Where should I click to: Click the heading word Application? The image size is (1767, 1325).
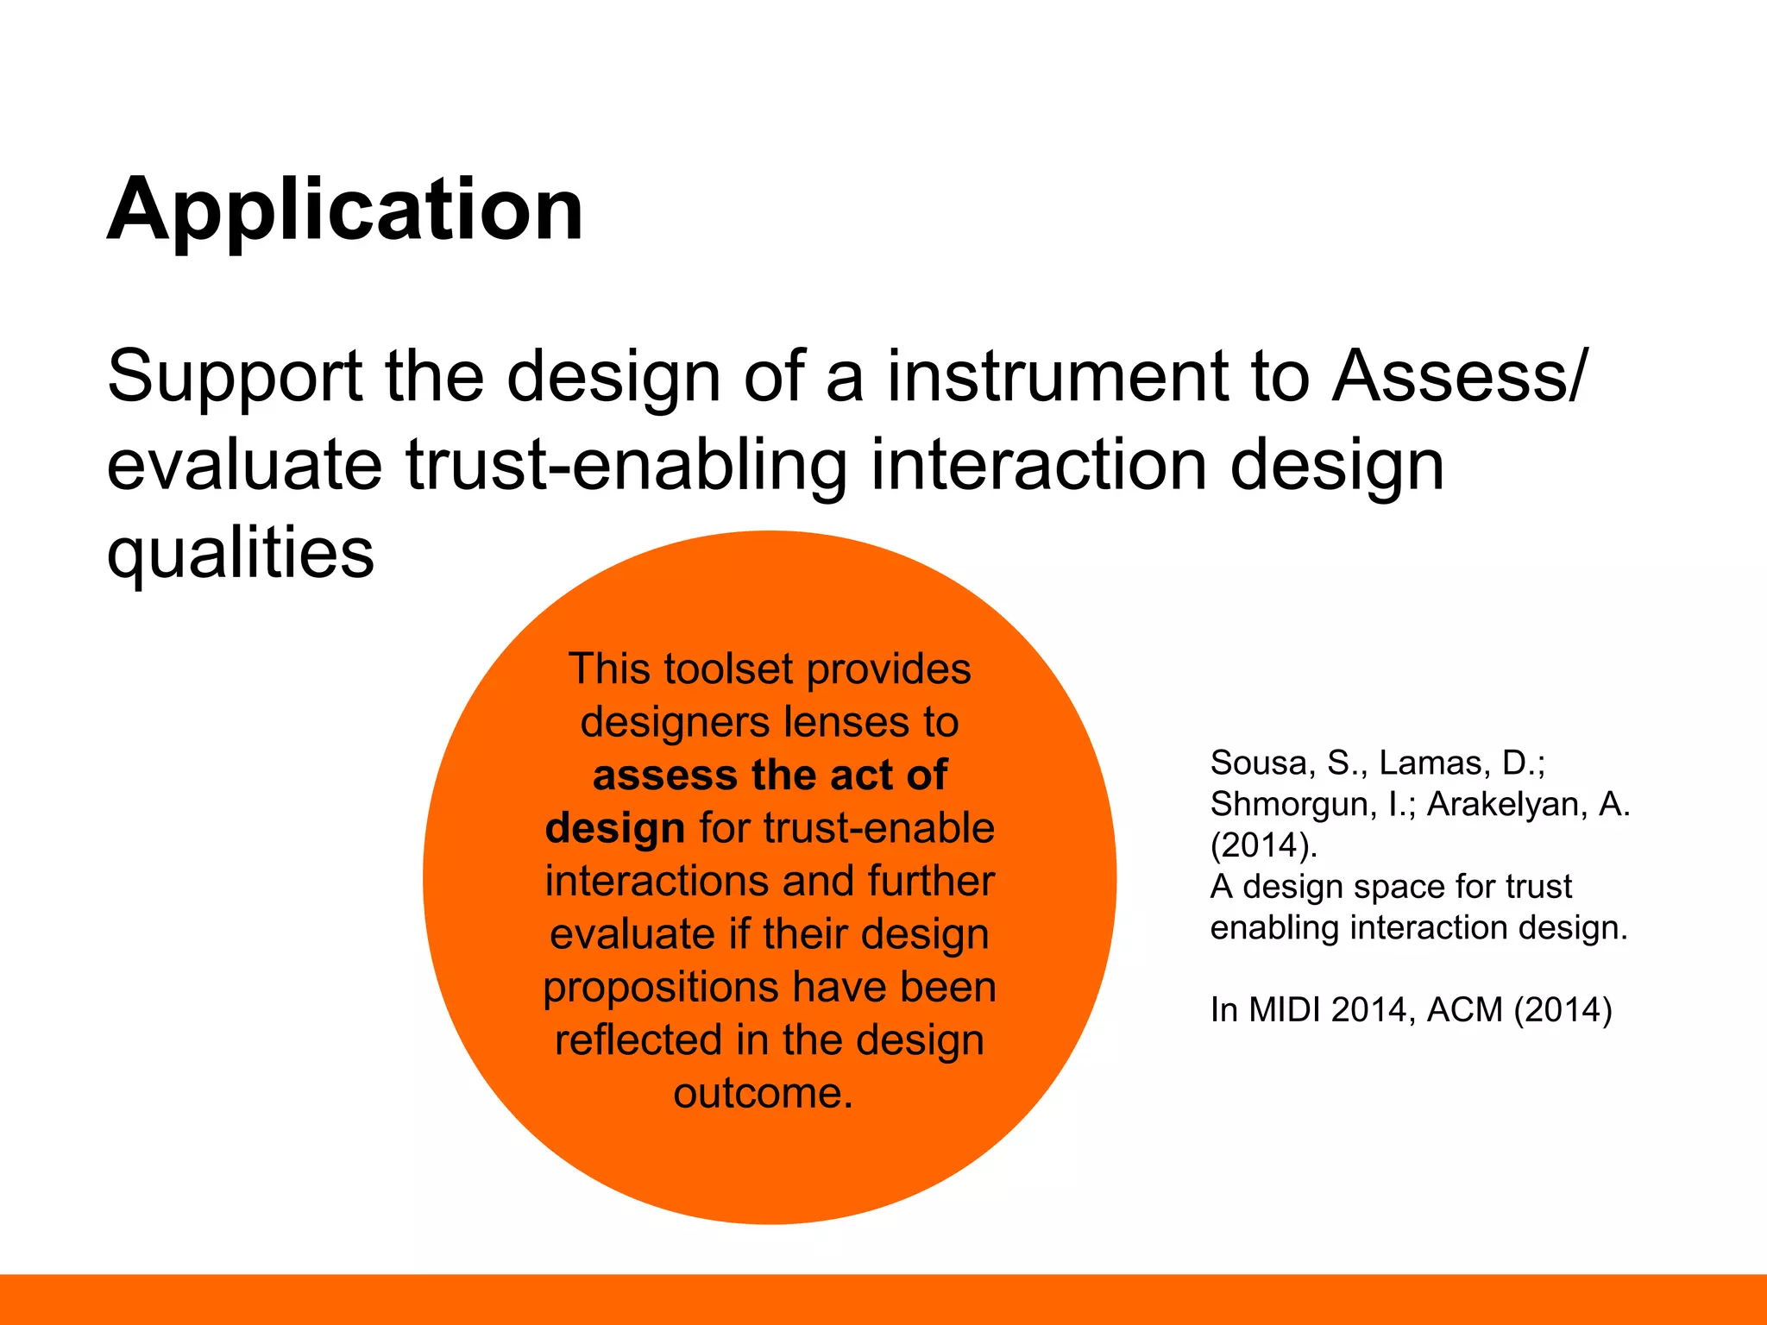click(x=345, y=210)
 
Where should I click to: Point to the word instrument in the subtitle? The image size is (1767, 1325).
click(x=1058, y=376)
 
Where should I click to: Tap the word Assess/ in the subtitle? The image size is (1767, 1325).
click(x=1459, y=376)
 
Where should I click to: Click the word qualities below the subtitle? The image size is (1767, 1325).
click(x=241, y=553)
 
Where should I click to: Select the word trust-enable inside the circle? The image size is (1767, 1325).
click(x=879, y=828)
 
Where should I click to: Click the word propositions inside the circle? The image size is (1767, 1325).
click(x=661, y=987)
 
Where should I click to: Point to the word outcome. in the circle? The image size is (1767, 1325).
click(x=763, y=1093)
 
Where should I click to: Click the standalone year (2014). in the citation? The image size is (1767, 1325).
click(x=1264, y=845)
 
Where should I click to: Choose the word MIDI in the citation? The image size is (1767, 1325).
click(x=1285, y=1009)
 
